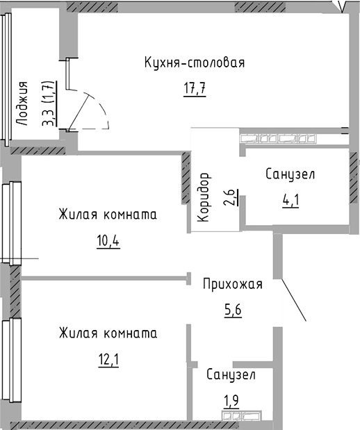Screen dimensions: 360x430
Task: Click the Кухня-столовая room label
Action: point(195,63)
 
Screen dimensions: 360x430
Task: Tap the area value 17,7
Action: point(195,88)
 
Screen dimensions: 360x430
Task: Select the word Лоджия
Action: point(22,104)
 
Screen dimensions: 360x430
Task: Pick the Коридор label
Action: point(204,197)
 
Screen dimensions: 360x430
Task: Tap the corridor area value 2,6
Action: point(231,197)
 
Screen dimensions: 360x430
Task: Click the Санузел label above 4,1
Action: point(290,174)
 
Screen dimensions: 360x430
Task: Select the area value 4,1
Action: point(291,201)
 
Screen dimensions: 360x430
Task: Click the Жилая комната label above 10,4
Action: point(108,214)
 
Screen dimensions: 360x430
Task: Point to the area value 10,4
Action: point(108,241)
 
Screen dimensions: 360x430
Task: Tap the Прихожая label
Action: point(233,284)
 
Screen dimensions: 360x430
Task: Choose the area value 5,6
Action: point(233,311)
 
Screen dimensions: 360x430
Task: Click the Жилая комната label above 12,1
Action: point(108,333)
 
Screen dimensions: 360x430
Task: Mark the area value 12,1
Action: point(108,360)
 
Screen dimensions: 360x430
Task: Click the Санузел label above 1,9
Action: point(231,375)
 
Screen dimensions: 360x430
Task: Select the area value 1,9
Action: point(232,402)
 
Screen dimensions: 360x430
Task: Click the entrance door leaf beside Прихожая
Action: point(294,300)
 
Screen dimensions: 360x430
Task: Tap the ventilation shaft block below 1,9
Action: point(242,415)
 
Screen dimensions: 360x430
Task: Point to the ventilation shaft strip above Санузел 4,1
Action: point(278,138)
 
